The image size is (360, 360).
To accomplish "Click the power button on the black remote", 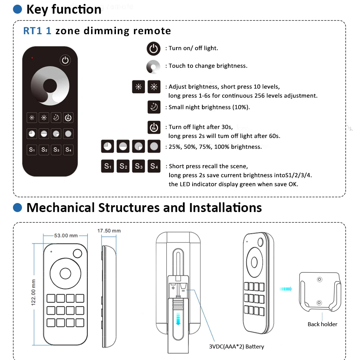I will [65, 60].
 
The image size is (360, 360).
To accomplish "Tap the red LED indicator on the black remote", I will [32, 58].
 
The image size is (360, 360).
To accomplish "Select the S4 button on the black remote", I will [68, 149].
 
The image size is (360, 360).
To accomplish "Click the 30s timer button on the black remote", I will [68, 117].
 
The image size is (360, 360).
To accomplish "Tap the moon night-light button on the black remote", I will [56, 117].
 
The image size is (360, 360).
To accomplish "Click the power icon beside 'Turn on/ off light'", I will [154, 49].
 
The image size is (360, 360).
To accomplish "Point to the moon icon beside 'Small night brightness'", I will [154, 107].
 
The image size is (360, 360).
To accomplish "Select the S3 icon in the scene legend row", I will [139, 166].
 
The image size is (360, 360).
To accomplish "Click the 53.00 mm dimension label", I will [66, 235].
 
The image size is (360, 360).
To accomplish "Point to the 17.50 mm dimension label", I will [109, 231].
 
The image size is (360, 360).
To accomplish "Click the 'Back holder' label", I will [322, 324].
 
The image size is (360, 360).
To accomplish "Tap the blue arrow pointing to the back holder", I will [286, 288].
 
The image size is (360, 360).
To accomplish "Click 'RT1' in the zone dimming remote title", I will [33, 31].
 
